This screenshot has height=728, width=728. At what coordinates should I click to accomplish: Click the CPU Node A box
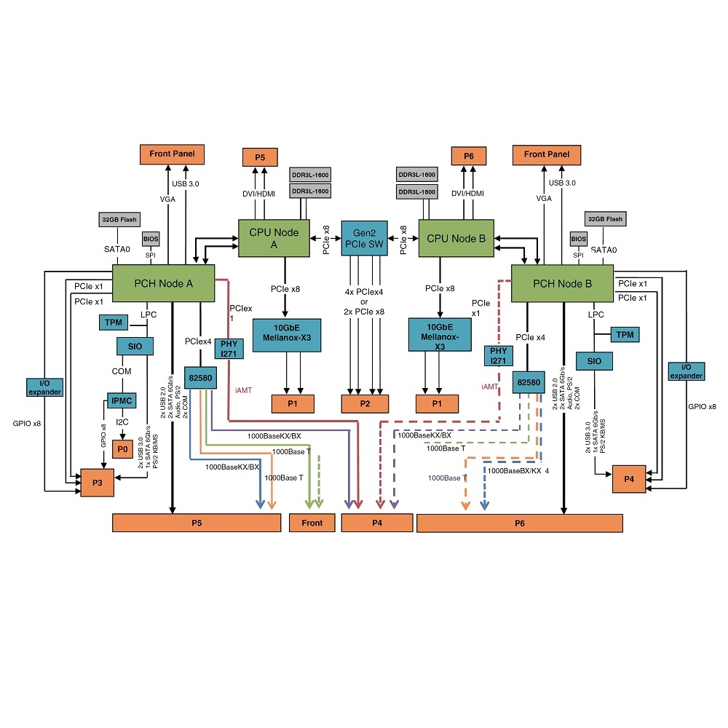point(274,238)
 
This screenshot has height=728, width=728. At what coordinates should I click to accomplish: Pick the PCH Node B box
point(562,283)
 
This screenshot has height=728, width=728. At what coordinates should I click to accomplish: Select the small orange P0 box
point(122,449)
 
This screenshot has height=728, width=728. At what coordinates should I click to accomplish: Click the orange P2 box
point(365,403)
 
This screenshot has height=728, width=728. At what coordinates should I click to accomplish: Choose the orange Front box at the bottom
point(312,523)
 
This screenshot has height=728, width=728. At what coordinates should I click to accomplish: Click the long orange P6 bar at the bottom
point(519,523)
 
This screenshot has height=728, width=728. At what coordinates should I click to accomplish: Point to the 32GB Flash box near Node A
point(118,219)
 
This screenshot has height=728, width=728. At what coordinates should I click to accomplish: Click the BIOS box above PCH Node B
point(578,239)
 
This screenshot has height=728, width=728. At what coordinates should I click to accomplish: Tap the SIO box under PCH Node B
point(594,361)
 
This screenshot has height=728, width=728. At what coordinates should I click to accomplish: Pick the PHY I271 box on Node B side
point(499,357)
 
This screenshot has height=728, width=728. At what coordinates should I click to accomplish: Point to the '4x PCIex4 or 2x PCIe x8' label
point(365,301)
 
